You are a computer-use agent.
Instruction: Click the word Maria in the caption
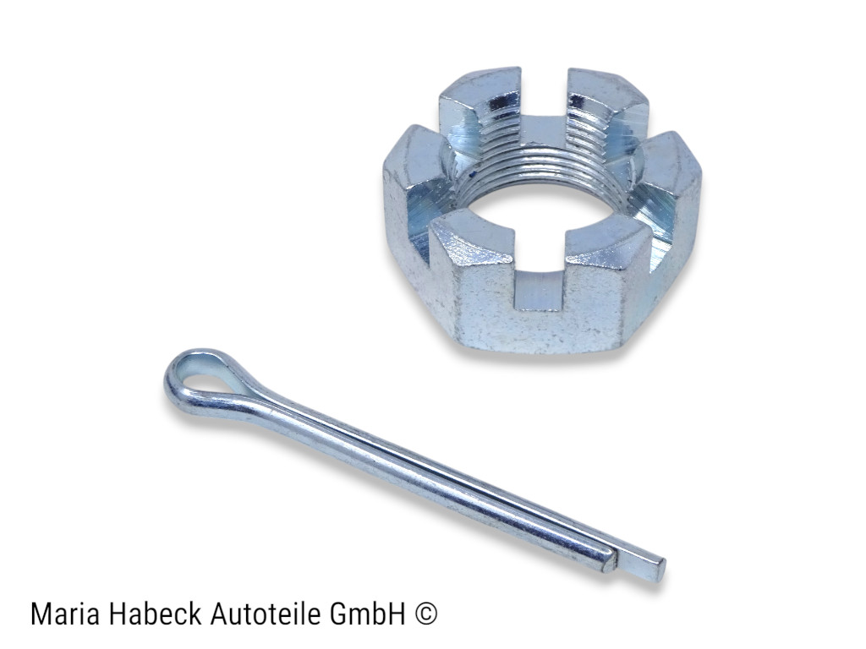tap(62, 614)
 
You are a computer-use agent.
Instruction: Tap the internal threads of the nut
tap(541, 152)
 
